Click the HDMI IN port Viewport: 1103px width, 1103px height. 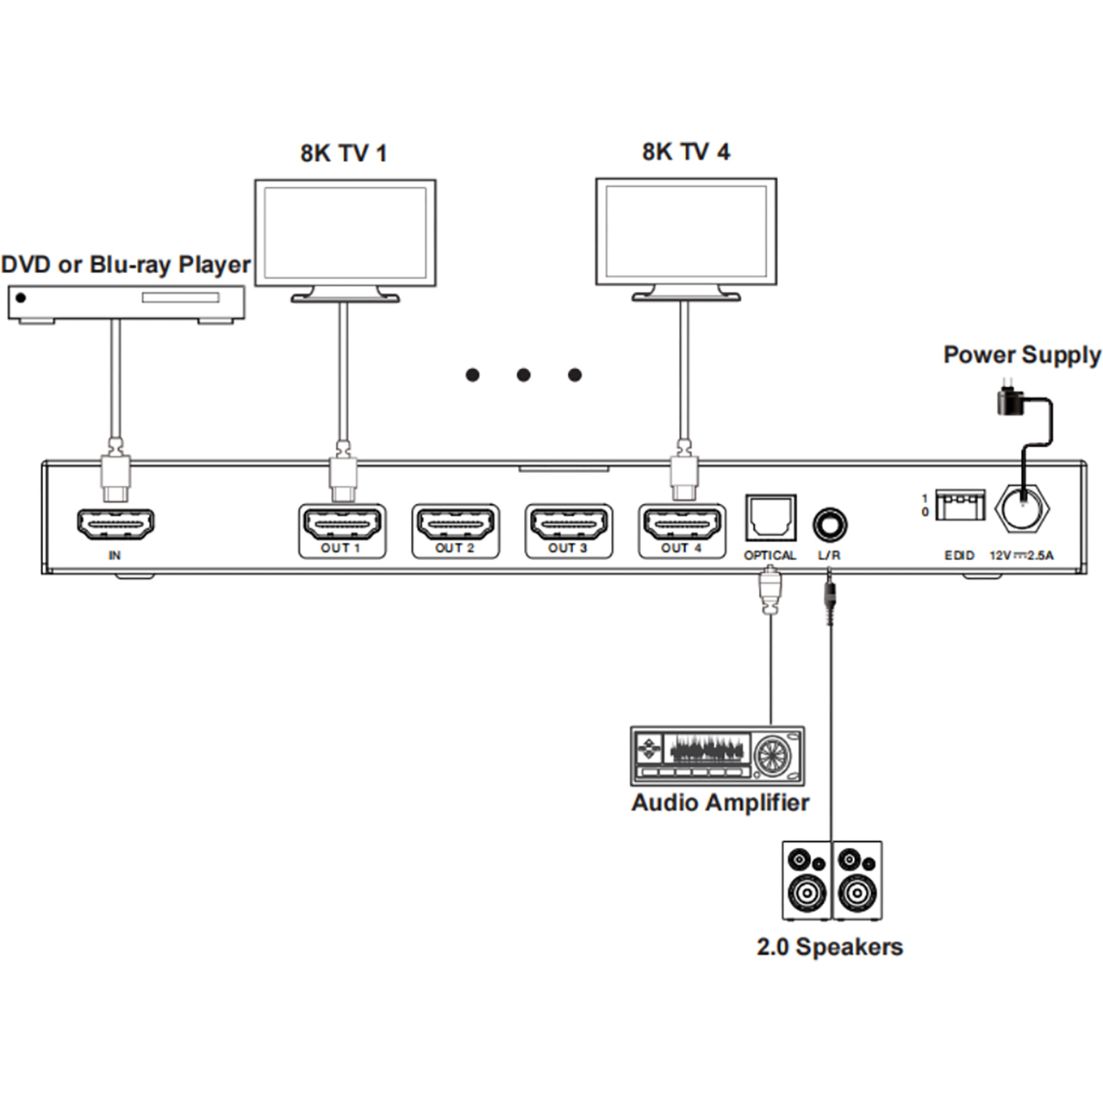pos(115,524)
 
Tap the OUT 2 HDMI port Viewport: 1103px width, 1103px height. pos(455,524)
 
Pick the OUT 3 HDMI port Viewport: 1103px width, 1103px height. pos(568,524)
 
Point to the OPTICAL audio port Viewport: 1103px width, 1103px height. pos(770,518)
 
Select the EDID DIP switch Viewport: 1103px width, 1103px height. pos(960,505)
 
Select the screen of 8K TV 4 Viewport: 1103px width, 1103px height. pos(686,232)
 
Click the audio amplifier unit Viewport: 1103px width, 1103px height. pos(718,755)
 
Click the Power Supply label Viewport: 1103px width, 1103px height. pos(1022,355)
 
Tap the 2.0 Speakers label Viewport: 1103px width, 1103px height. pos(830,946)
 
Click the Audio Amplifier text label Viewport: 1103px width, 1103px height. pos(720,802)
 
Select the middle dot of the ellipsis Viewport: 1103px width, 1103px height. pos(524,375)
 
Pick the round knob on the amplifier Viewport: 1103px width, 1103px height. pos(772,756)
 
